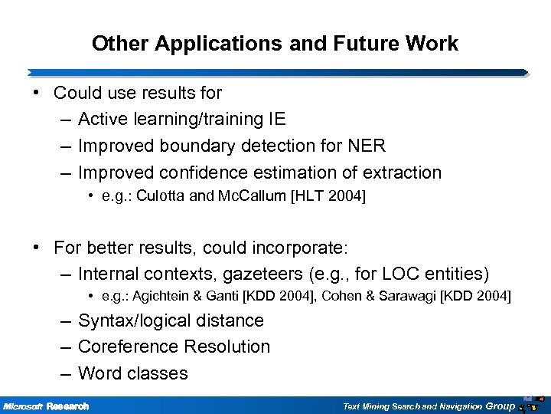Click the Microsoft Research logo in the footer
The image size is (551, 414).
tap(46, 406)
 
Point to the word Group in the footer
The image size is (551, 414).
tap(500, 405)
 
